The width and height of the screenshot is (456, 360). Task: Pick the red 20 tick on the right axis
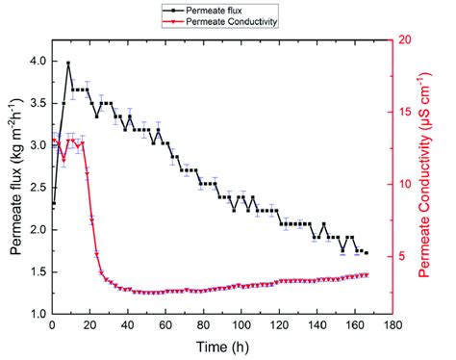403,39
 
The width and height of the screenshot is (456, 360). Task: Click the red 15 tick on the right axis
403,112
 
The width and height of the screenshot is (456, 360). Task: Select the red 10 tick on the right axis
403,184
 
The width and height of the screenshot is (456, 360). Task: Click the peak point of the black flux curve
67,64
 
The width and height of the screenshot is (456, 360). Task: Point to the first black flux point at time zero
53,204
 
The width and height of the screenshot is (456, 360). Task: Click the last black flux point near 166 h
366,252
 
